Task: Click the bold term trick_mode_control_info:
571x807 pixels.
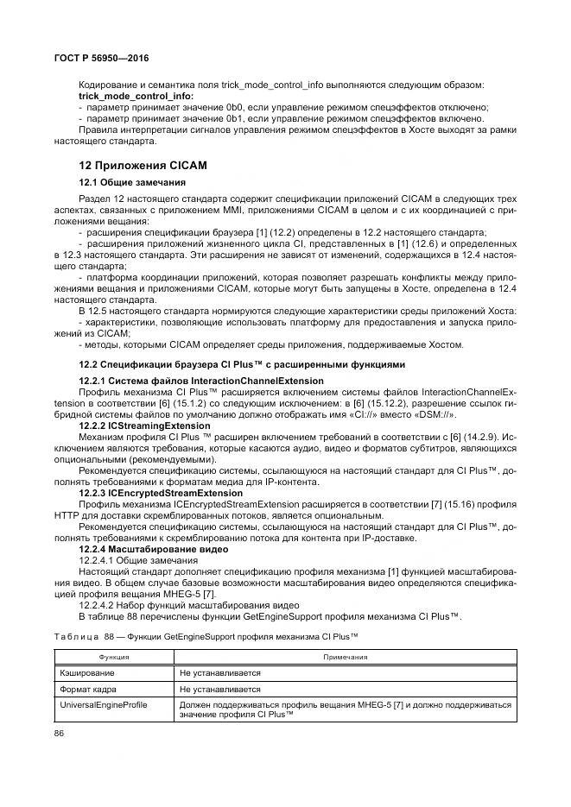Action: click(135, 96)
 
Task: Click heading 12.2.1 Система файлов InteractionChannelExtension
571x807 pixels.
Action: click(201, 381)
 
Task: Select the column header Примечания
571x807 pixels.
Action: click(346, 657)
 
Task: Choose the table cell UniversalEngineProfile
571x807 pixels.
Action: click(103, 705)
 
